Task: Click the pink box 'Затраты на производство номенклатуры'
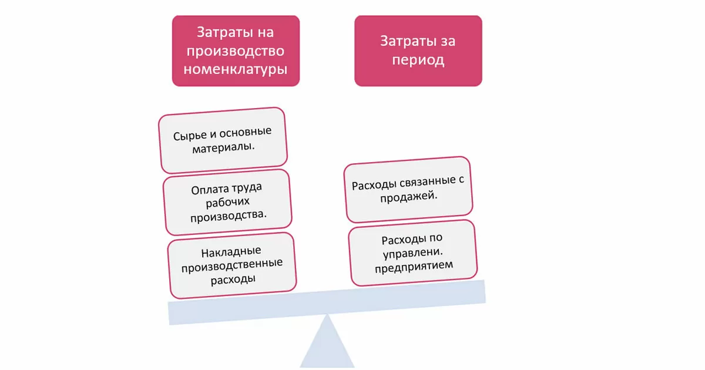tap(236, 51)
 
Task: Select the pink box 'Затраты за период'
tap(418, 51)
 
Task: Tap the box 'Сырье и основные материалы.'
tap(223, 140)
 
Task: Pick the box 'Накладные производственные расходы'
tap(231, 265)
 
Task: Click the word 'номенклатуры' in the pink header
tap(236, 69)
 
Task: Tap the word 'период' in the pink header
tap(418, 60)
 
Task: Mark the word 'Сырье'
tap(187, 135)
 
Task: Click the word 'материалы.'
tap(224, 147)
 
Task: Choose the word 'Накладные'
tap(223, 253)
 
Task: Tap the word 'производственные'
tap(232, 265)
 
